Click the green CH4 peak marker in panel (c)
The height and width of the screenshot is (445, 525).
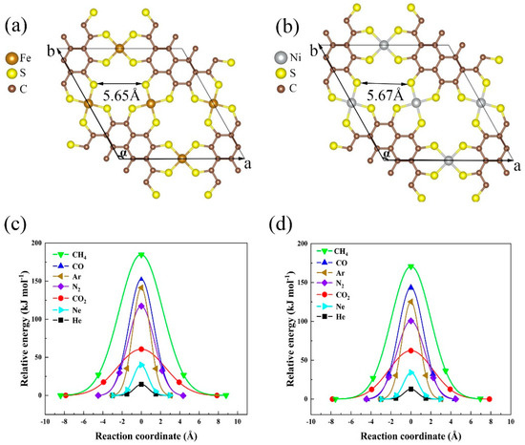pyautogui.click(x=141, y=255)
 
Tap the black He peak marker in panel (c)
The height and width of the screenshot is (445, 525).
pyautogui.click(x=141, y=384)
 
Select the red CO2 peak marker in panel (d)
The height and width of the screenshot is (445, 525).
pyautogui.click(x=411, y=351)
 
